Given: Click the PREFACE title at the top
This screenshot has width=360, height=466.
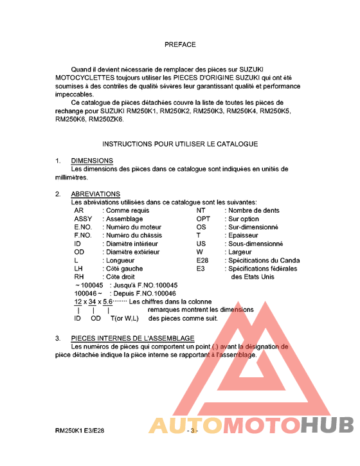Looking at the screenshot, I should (x=180, y=45).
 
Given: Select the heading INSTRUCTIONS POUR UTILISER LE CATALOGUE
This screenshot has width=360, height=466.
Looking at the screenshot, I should (x=180, y=144).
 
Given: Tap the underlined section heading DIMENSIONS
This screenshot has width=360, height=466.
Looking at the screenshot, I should (x=92, y=161).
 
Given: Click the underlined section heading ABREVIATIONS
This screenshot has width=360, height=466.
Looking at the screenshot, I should (x=95, y=194).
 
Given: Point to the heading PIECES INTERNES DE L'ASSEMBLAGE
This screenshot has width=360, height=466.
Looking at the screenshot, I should (x=132, y=338).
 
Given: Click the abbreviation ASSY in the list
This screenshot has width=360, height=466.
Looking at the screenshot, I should (x=84, y=219).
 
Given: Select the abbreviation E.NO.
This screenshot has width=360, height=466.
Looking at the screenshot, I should (x=84, y=227).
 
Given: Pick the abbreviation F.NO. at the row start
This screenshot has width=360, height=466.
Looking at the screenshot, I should (x=84, y=235).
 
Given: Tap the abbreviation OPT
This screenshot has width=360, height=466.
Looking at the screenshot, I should (x=203, y=219).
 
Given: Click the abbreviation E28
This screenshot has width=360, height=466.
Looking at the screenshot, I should (x=203, y=260).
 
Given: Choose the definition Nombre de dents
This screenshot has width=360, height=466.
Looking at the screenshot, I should (x=254, y=210).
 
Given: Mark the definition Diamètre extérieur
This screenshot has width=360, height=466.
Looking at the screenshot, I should (x=132, y=252).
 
